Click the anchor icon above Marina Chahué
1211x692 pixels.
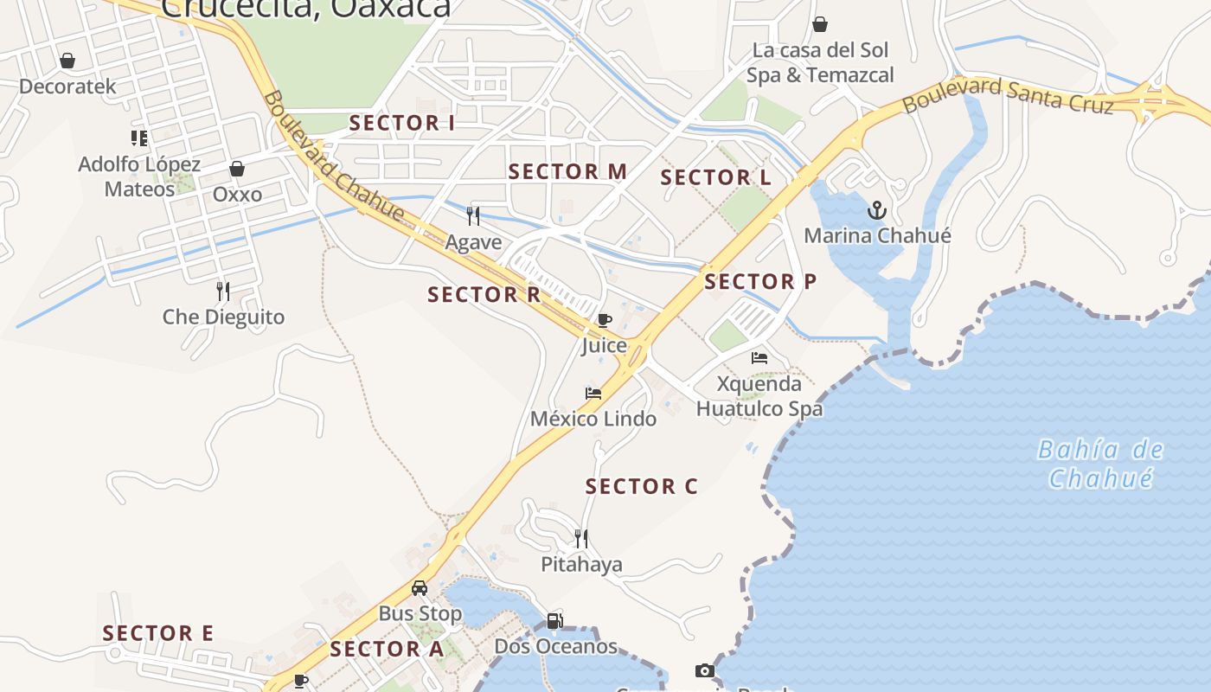877,210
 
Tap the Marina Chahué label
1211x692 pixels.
877,235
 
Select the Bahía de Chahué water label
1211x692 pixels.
1100,464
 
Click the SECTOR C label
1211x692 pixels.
641,487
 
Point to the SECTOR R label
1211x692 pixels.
484,295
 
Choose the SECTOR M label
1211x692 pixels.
567,172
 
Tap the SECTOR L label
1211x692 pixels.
716,178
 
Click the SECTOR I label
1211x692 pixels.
401,124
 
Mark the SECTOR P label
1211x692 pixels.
760,282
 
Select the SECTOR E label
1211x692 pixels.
158,634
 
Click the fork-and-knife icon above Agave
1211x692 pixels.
473,215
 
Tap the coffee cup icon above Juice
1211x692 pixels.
604,321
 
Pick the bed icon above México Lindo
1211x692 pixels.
593,394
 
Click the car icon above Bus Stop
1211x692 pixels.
420,588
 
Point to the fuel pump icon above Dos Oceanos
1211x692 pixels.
554,620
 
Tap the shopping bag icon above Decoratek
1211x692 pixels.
67,61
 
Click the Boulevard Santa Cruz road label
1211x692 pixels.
1008,95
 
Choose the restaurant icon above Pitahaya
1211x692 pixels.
581,538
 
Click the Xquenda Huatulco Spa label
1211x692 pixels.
759,396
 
